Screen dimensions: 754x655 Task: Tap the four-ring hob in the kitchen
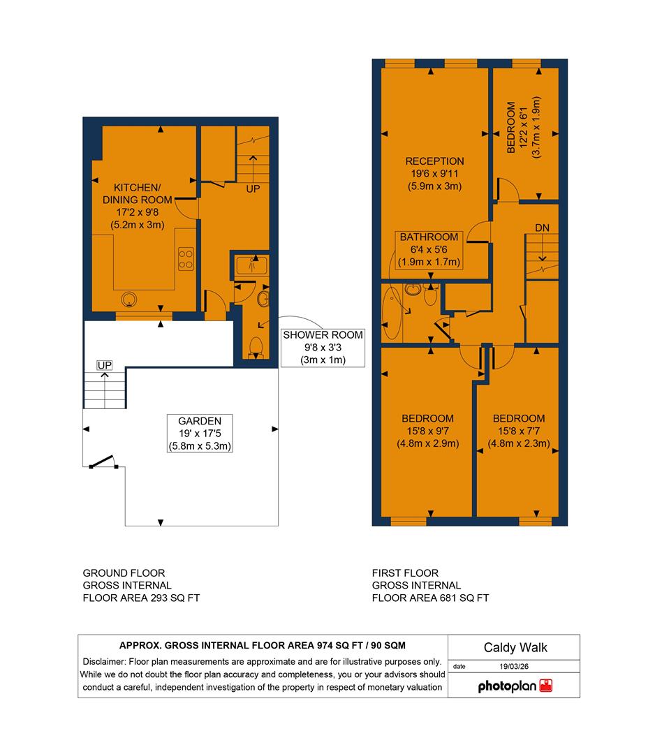186,259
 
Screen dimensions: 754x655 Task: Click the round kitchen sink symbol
129,300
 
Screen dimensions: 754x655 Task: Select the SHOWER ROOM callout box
314,347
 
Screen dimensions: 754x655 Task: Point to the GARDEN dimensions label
200,434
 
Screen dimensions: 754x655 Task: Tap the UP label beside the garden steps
105,366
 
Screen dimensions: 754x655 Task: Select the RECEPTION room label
434,174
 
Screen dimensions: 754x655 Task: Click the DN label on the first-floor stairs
543,228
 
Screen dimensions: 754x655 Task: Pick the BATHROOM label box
429,250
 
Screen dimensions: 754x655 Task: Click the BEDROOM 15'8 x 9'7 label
427,431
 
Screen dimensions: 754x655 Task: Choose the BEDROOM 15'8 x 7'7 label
519,431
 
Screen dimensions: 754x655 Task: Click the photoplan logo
515,686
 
